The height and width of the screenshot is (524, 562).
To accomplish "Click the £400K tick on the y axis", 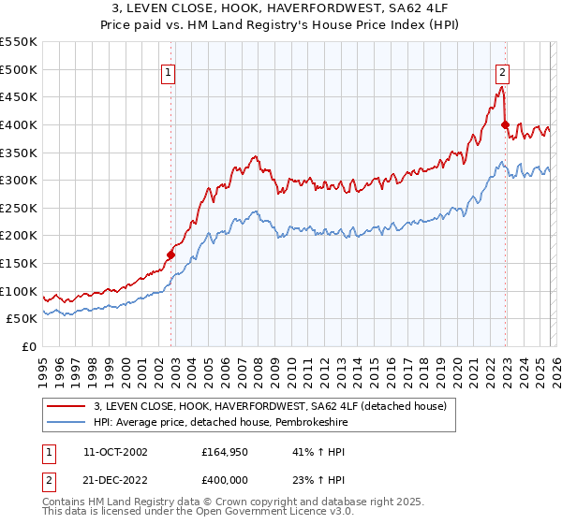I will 20,124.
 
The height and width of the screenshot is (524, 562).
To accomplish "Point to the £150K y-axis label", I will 20,264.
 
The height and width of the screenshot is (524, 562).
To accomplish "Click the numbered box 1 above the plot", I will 168,71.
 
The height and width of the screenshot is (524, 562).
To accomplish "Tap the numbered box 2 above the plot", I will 503,71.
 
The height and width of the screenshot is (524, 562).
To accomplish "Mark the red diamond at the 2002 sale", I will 170,255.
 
